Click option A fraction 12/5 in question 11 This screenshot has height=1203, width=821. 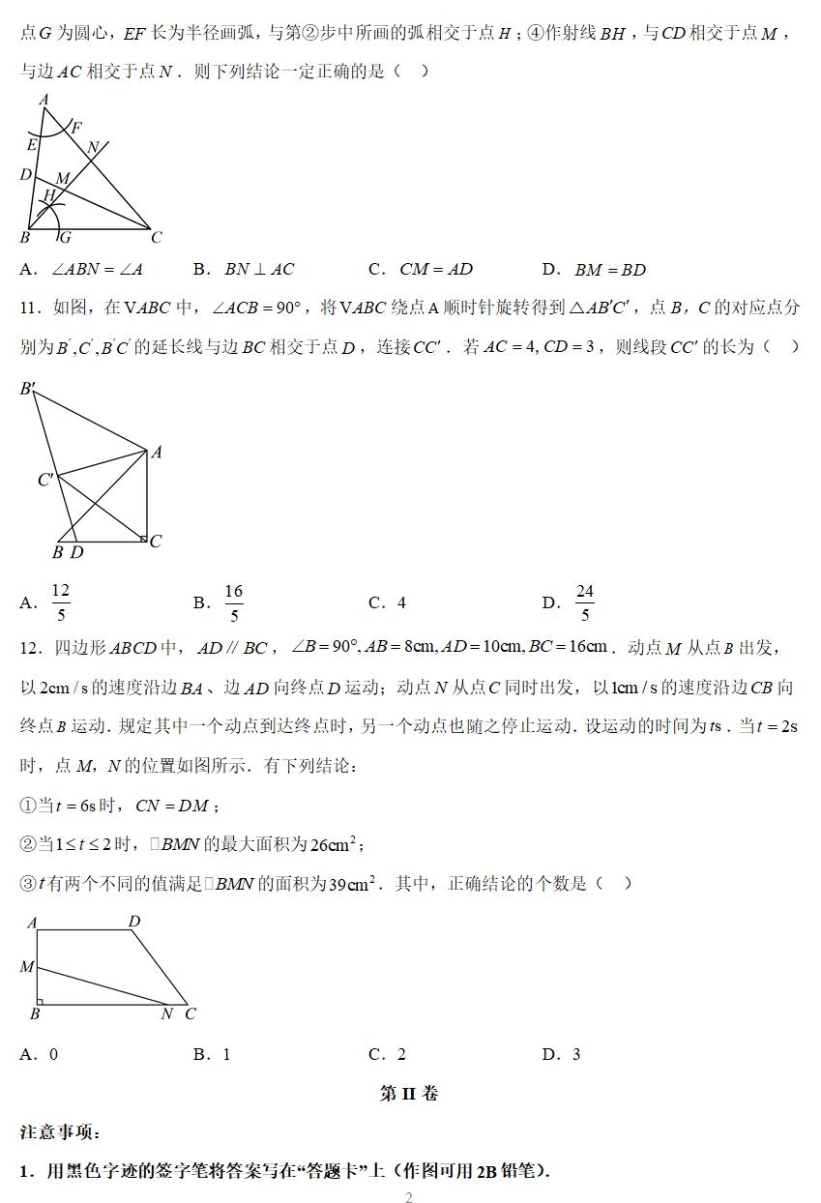(60, 602)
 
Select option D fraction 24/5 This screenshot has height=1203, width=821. (584, 602)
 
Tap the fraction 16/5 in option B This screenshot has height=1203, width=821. (234, 602)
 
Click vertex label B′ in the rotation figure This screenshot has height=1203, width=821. (28, 390)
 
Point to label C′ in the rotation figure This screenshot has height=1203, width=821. (45, 480)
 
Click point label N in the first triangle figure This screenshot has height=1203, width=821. (93, 148)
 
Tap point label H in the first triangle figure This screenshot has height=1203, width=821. (47, 196)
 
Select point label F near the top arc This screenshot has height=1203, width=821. (76, 128)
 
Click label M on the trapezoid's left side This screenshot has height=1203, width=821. (27, 966)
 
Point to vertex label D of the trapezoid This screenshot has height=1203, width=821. (134, 922)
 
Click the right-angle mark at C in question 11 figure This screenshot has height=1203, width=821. (143, 538)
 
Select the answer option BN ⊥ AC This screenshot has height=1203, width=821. (258, 270)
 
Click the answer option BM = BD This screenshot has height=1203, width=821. (609, 270)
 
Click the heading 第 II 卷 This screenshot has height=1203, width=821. (409, 1094)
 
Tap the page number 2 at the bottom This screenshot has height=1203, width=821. (409, 1198)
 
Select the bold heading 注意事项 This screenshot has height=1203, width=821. (60, 1131)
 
